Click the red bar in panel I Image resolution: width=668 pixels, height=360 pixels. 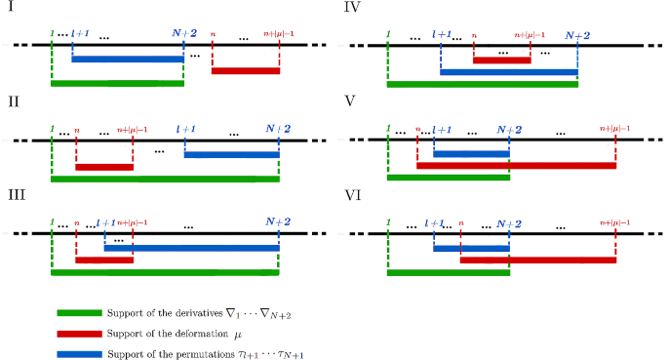click(245, 70)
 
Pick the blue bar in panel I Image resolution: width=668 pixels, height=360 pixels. click(127, 59)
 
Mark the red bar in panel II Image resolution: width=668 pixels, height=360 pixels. click(103, 167)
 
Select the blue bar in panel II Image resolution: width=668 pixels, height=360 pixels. click(231, 154)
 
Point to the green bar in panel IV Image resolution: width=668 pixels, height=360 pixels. click(482, 85)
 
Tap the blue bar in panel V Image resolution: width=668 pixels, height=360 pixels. click(471, 153)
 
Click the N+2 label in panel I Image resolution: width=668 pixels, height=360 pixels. click(184, 32)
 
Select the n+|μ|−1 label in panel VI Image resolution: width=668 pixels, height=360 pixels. click(616, 221)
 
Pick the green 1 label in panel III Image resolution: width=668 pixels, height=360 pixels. click(51, 221)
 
